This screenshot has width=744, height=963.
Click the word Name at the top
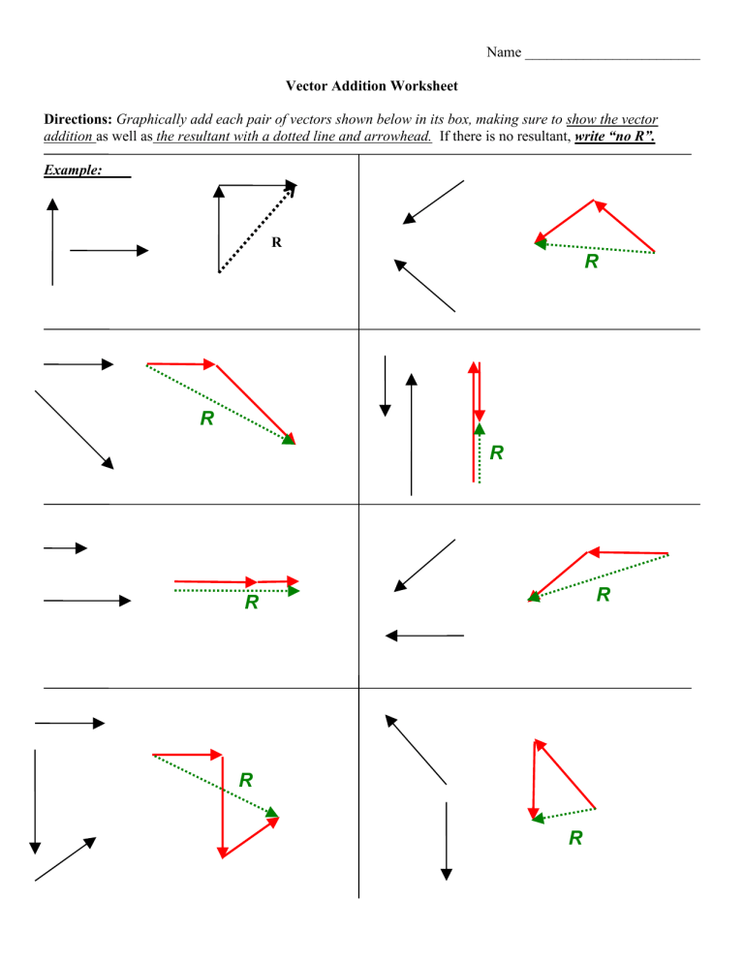(x=504, y=52)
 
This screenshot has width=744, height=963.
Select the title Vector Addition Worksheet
(x=372, y=86)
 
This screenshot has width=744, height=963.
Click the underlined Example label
(x=74, y=170)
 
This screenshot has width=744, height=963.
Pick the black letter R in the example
(x=276, y=243)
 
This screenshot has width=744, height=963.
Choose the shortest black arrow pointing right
(x=65, y=548)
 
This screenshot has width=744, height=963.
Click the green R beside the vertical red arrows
(x=497, y=452)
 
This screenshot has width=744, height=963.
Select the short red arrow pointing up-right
(x=250, y=833)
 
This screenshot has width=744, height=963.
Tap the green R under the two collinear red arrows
(x=252, y=603)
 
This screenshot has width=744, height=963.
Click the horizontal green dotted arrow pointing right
(x=236, y=590)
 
